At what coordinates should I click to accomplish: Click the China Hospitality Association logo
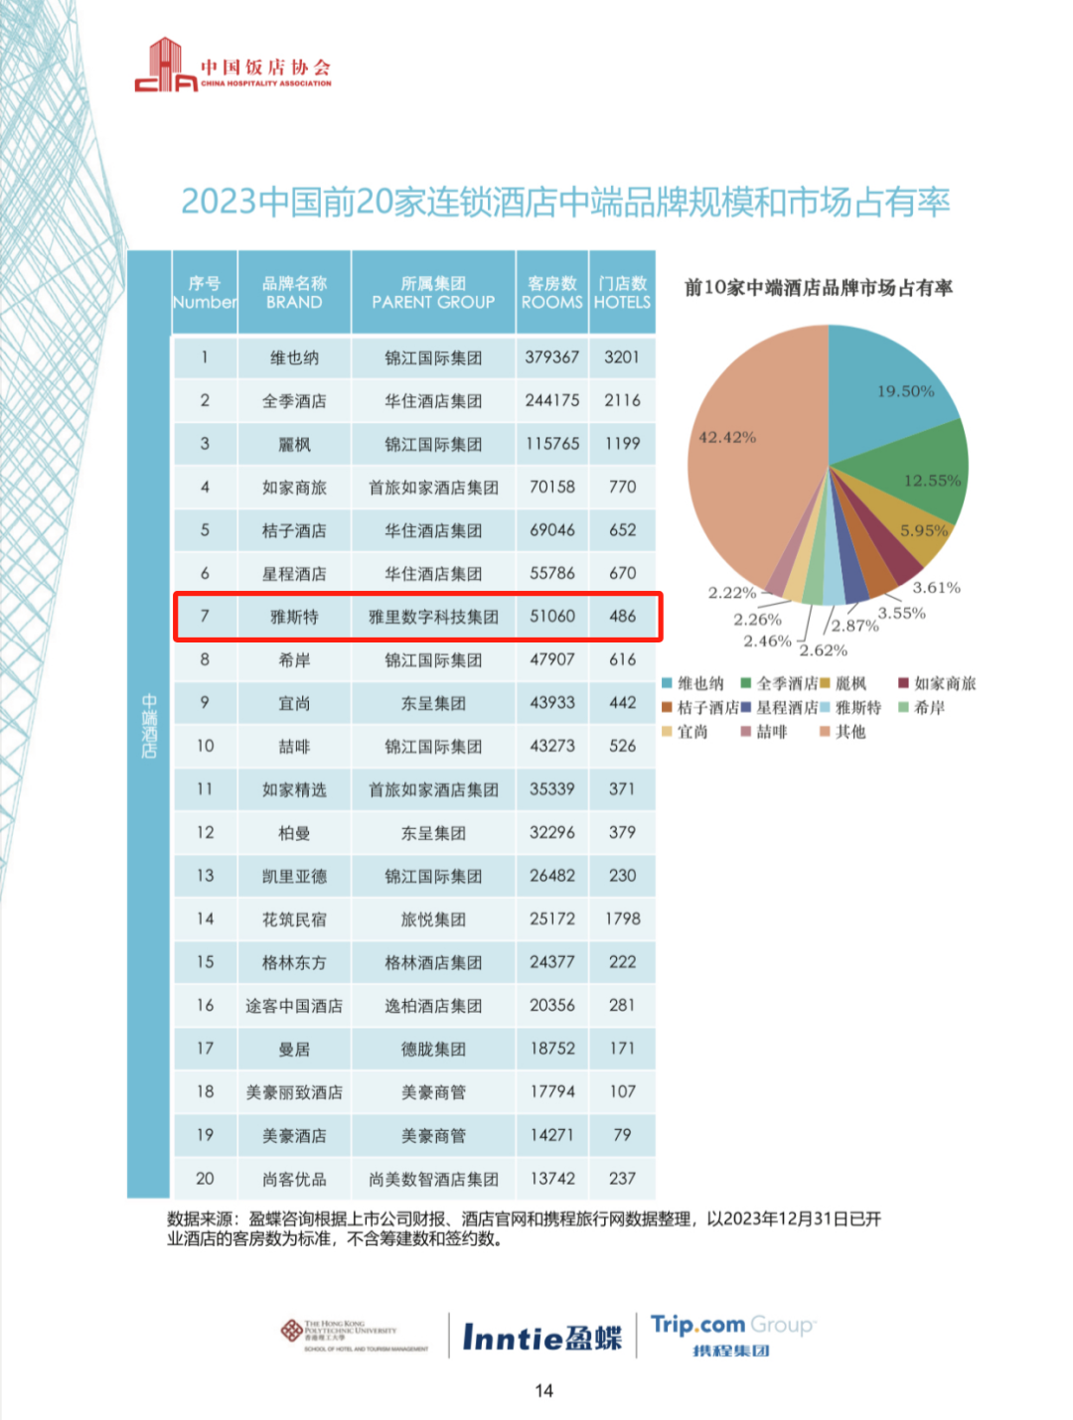232,67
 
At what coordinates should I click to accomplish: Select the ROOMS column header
551,293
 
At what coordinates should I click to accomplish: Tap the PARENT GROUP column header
433,293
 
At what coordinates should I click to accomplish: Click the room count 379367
551,357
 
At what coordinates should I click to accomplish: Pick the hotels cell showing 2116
622,401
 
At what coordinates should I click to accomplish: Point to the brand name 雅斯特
294,617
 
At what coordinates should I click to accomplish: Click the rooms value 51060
551,617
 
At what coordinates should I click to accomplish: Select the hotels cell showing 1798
622,920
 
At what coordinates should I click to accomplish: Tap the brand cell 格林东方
294,962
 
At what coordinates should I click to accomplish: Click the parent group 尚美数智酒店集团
433,1179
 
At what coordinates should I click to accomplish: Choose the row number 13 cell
205,876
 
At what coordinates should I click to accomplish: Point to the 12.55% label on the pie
932,481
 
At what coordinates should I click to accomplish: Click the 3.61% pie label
936,588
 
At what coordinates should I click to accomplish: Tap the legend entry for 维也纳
693,683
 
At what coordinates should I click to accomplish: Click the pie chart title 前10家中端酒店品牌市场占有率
818,288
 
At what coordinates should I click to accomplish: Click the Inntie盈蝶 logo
541,1338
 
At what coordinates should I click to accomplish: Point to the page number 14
543,1390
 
